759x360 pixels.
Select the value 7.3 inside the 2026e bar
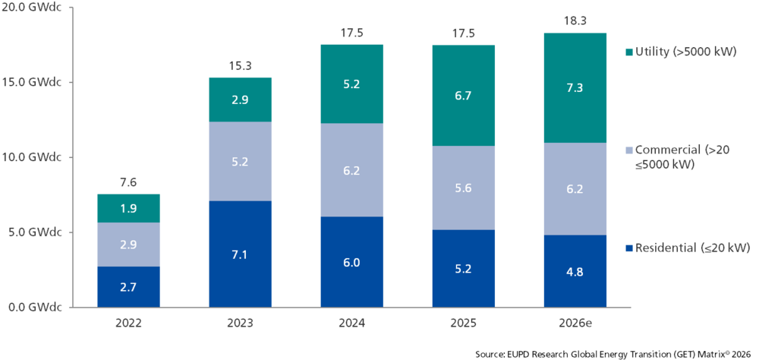pos(575,88)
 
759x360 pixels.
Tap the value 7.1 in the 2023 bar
pos(240,254)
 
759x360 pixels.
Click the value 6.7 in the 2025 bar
pos(463,95)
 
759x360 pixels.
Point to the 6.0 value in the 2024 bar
pos(351,262)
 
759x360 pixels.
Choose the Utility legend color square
pos(628,52)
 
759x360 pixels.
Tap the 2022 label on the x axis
pos(128,323)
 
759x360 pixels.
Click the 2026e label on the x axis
pos(575,323)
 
